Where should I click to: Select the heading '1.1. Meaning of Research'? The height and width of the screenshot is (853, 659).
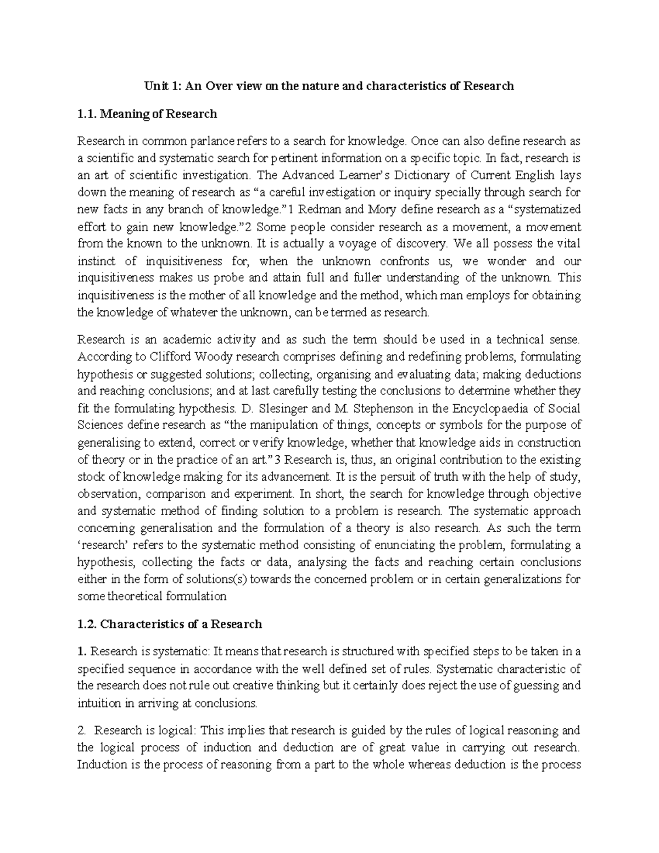pos(147,114)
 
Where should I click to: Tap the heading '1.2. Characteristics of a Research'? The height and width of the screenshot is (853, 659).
pos(170,624)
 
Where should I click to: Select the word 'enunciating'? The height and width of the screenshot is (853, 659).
pos(403,545)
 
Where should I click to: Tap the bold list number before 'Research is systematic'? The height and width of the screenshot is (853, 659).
pos(82,652)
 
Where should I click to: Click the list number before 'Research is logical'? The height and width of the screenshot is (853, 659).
pos(82,731)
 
